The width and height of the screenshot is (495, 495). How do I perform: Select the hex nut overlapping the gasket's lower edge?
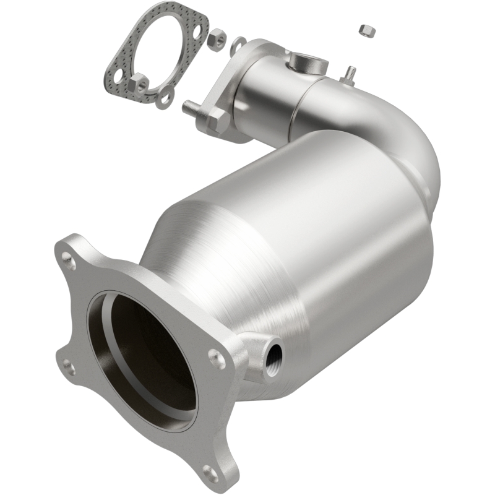point(140,81)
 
